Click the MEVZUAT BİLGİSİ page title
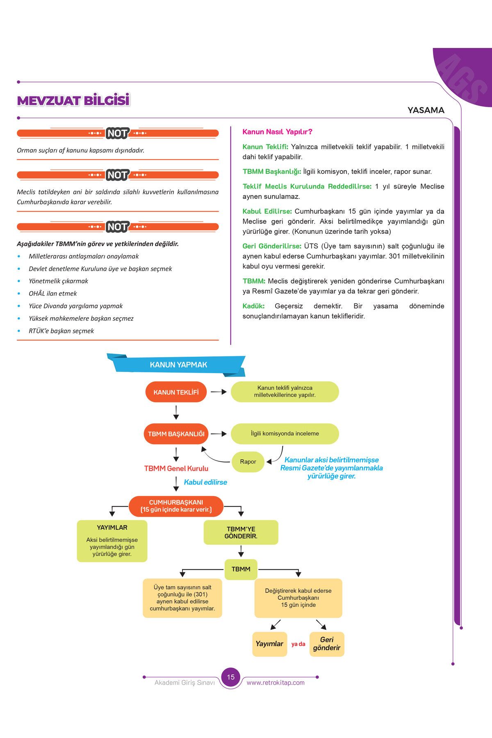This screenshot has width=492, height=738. (x=73, y=100)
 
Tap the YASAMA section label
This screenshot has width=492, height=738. (x=426, y=110)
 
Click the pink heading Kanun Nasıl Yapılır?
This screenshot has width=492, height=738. (x=278, y=132)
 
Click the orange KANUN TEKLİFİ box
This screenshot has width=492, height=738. (x=176, y=392)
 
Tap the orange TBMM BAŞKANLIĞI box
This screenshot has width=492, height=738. (x=176, y=434)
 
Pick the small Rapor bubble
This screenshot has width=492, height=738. (x=248, y=462)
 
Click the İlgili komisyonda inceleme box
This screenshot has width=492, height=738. (x=285, y=434)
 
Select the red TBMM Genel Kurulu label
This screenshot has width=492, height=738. (x=176, y=468)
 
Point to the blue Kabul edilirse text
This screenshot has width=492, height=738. (x=205, y=482)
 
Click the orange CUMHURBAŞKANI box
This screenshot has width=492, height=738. (x=176, y=506)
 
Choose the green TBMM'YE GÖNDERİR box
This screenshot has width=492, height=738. (x=241, y=533)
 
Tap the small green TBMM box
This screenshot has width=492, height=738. (x=241, y=569)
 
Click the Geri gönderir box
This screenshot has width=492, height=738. (x=327, y=644)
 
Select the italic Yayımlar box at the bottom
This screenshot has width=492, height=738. (x=269, y=644)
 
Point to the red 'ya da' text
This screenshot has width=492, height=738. (x=298, y=644)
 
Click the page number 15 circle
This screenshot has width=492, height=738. (x=231, y=677)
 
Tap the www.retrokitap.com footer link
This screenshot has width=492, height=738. (x=276, y=683)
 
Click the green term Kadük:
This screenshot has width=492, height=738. (x=253, y=306)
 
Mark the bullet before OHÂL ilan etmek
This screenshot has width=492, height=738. (x=19, y=294)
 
